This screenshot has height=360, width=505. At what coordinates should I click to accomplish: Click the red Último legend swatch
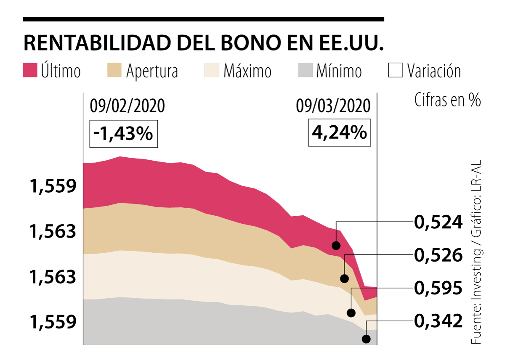coord(30,70)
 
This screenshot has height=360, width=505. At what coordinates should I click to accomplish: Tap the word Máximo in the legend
coord(247,71)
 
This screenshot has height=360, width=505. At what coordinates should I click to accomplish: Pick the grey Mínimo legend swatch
coord(305,70)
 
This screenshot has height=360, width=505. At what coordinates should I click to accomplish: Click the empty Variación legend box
coord(396,70)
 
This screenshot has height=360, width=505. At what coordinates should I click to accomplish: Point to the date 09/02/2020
coord(127,106)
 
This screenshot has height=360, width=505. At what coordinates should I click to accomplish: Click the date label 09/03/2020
coord(333,106)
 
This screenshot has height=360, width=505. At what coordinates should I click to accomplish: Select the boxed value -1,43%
coord(124,134)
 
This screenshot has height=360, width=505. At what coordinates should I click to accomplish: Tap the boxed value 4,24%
coord(339,133)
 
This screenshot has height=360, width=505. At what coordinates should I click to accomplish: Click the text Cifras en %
coord(447,101)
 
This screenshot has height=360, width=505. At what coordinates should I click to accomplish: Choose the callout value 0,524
coord(438,221)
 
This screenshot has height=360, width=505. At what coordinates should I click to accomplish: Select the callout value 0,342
coord(438,321)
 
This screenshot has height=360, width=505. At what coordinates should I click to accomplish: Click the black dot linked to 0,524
coord(336,245)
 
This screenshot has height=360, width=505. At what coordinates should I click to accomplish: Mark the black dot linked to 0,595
coord(351,312)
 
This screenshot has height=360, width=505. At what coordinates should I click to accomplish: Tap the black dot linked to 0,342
coord(367,339)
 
